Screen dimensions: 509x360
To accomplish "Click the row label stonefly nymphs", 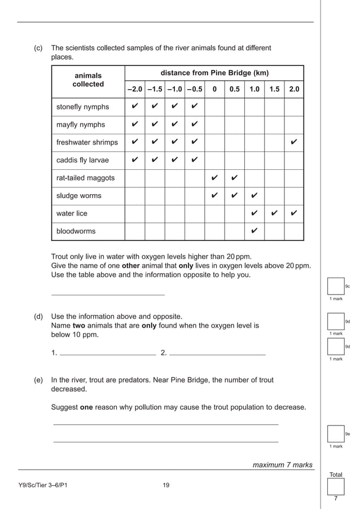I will tap(82, 107).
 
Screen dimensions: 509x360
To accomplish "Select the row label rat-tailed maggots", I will tap(85, 178).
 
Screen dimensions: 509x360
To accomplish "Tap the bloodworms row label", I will tap(76, 231).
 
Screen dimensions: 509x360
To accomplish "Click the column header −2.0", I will tap(134, 89).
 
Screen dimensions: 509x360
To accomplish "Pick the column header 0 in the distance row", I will tap(214, 89).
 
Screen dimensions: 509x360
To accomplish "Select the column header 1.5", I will tap(274, 89).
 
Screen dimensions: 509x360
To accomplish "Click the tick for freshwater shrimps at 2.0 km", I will tap(293, 142).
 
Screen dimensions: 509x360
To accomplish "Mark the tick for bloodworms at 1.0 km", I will tap(254, 231).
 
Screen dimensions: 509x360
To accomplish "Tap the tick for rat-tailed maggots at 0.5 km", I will tap(234, 178).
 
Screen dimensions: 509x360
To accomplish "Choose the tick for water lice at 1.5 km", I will tap(274, 213).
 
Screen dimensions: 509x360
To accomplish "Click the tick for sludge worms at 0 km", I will tap(214, 196).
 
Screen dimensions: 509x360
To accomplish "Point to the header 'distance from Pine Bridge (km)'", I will tap(214, 73).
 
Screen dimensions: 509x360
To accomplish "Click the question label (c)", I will tap(39, 48).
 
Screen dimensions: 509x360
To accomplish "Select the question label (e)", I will tap(39, 380).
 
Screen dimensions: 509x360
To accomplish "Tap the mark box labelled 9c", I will tap(336, 286).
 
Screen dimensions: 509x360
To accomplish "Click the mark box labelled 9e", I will tap(336, 433).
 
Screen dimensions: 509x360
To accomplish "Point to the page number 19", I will tap(165, 485).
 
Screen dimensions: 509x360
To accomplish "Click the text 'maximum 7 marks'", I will tap(282, 465).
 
